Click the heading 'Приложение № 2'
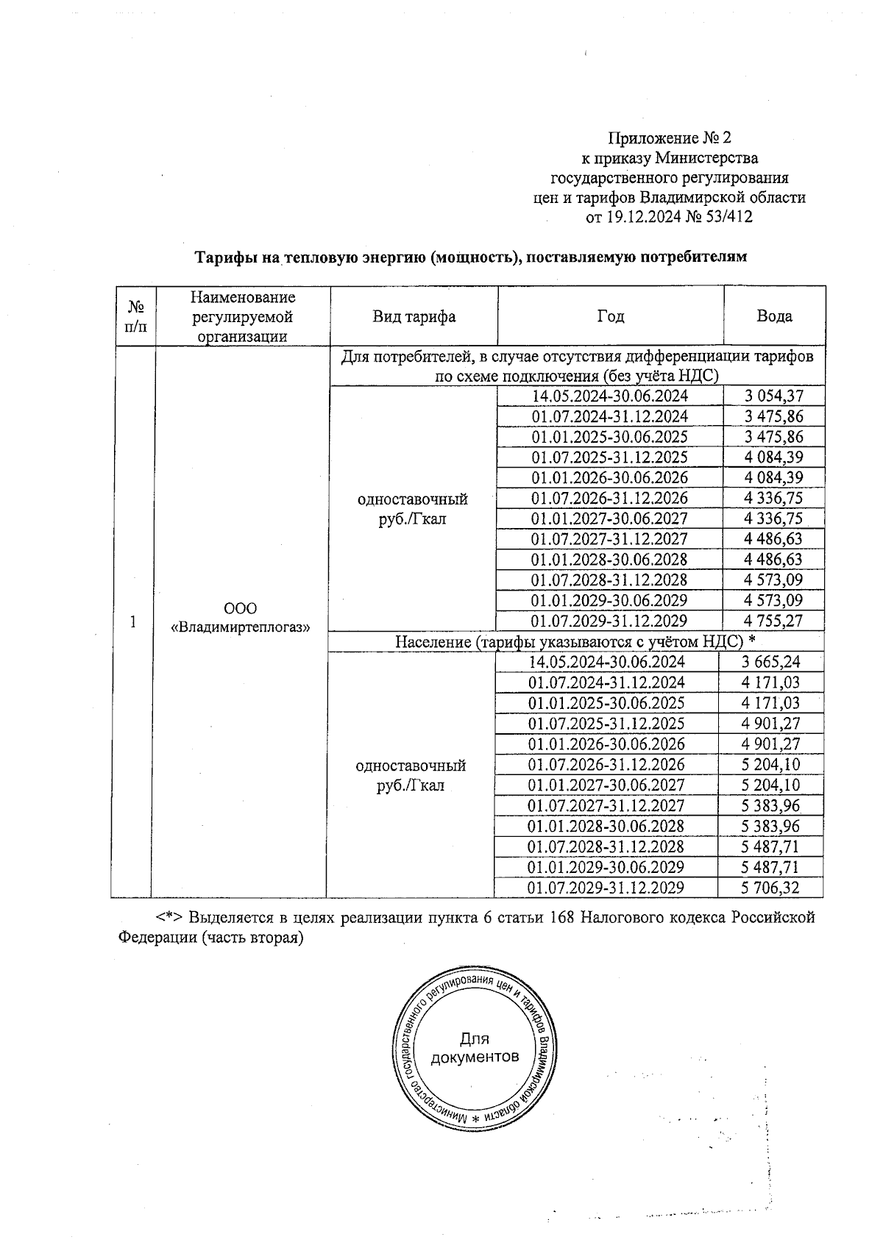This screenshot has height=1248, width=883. (x=669, y=138)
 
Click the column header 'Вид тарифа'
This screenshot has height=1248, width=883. (x=414, y=316)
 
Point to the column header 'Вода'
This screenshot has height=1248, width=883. (x=774, y=316)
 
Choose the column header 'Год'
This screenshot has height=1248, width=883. (x=610, y=316)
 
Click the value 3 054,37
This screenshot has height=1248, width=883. (x=773, y=396)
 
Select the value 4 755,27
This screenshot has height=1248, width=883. (x=773, y=621)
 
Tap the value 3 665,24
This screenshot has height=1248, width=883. (x=770, y=661)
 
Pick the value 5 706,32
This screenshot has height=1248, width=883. (x=770, y=888)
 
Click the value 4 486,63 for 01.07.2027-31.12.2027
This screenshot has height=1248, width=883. (x=773, y=539)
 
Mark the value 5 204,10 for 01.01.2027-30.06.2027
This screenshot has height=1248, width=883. (x=770, y=785)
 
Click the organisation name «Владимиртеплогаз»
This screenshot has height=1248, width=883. (x=240, y=627)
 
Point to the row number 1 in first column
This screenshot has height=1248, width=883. (x=132, y=622)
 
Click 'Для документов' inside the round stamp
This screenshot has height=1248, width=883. (x=475, y=1048)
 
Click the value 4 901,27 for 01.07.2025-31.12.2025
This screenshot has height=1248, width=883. (x=770, y=723)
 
